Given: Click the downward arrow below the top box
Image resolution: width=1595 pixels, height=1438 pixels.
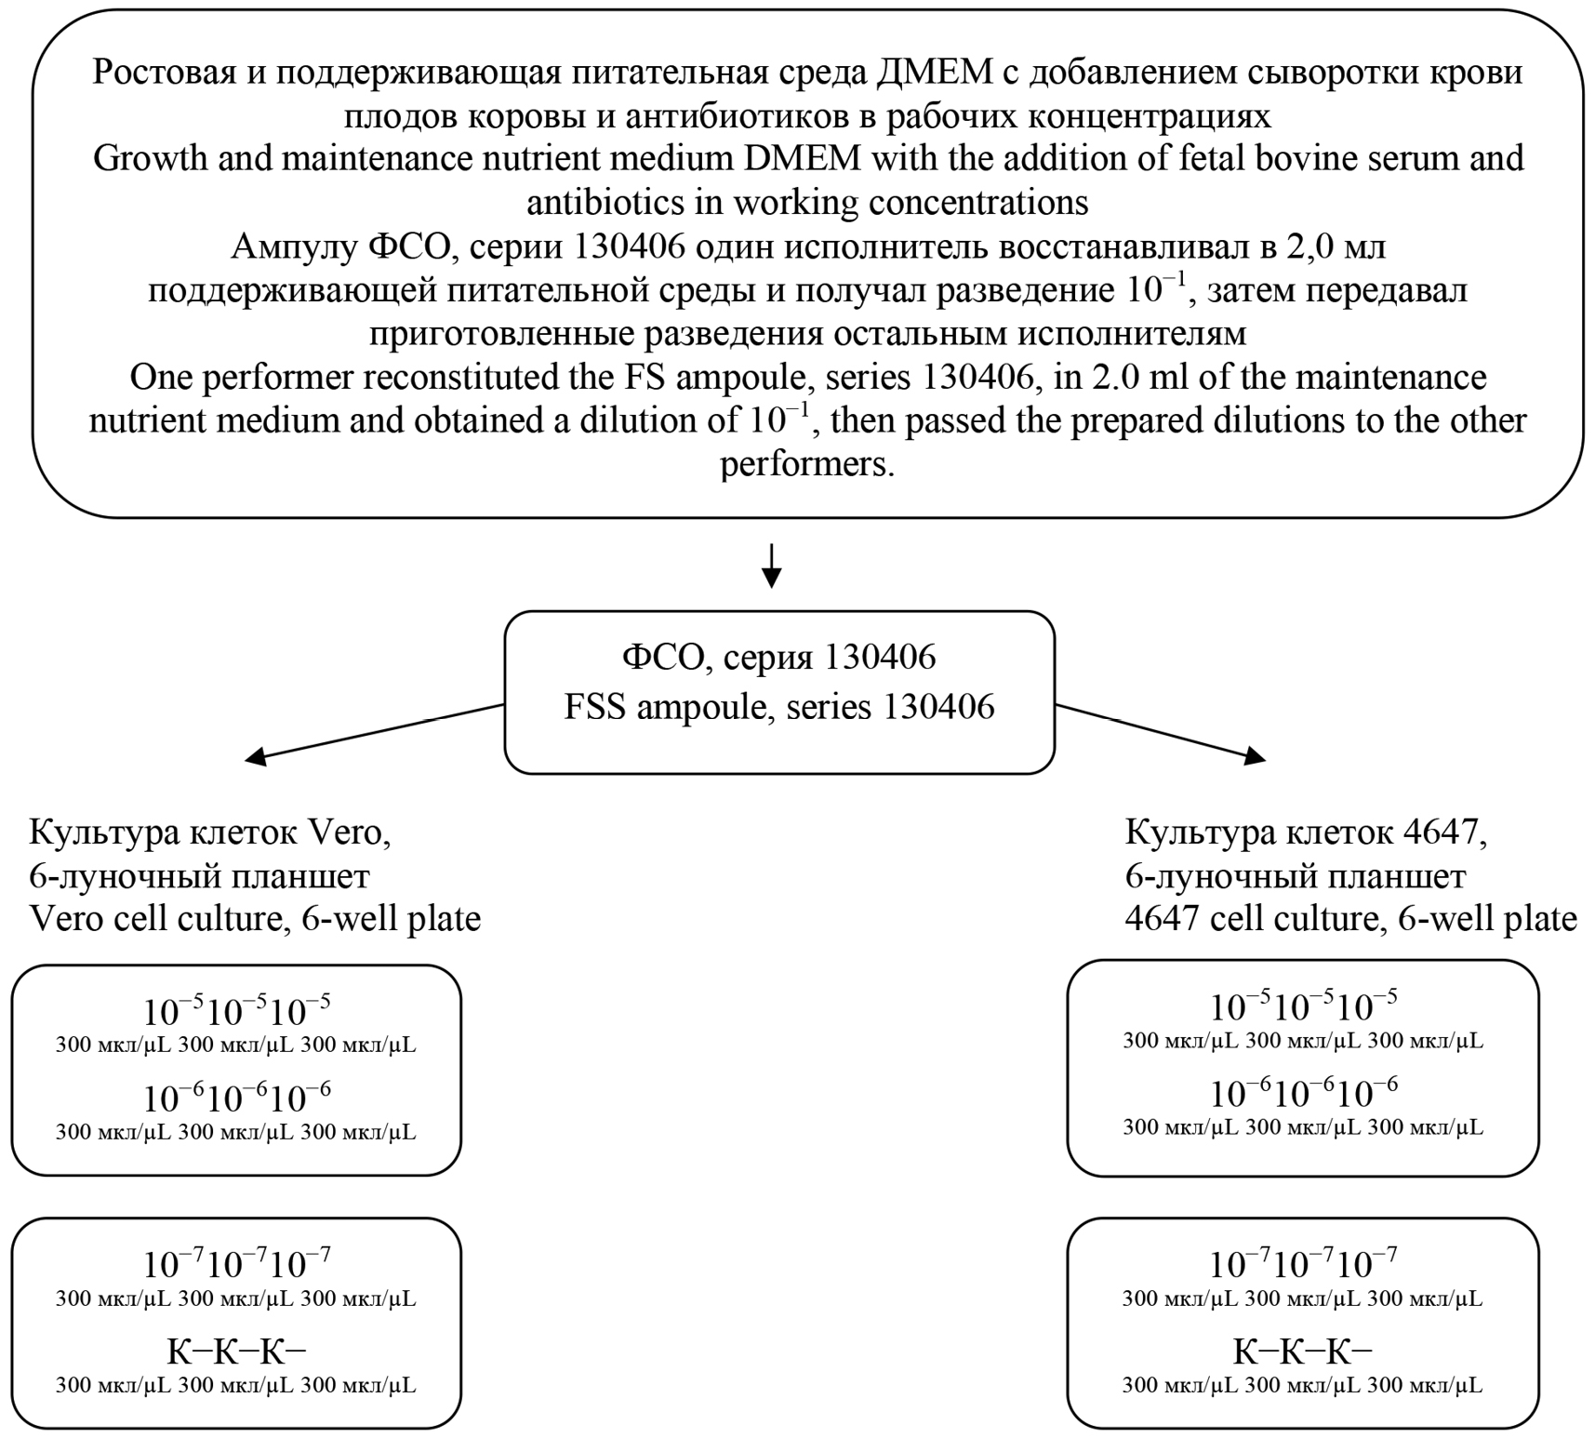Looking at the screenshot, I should pos(771,565).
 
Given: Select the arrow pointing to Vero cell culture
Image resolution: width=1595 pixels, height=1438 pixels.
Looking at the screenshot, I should pos(372,732).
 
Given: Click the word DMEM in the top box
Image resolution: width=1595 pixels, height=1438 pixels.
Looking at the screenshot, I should pos(802,159).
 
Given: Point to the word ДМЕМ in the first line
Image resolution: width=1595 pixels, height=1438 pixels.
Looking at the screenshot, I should pos(937,73).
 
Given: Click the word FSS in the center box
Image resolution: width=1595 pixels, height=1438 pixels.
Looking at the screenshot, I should pos(594,707).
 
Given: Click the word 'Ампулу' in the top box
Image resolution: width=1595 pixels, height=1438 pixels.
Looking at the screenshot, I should pos(293,246).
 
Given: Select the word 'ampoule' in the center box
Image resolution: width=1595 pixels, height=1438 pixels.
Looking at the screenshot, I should pos(688,707).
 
